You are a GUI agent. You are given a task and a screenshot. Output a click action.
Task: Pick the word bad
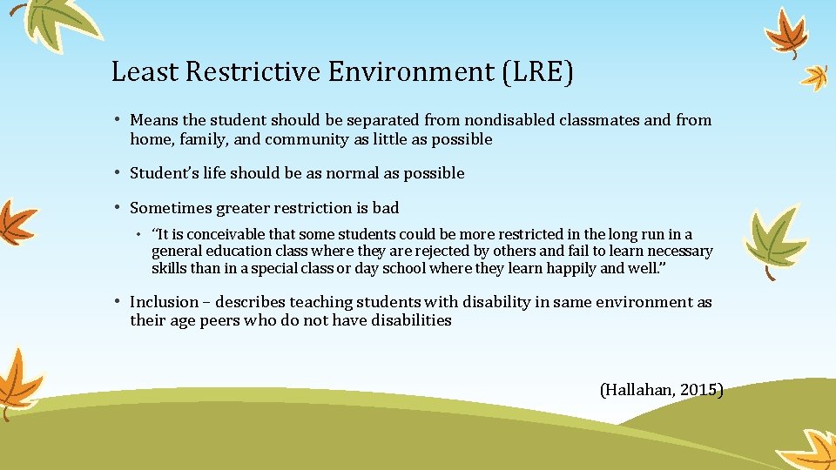click(385, 207)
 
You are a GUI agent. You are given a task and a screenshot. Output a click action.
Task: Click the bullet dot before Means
click(118, 120)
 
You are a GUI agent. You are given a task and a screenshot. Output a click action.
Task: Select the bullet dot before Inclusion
click(118, 302)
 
